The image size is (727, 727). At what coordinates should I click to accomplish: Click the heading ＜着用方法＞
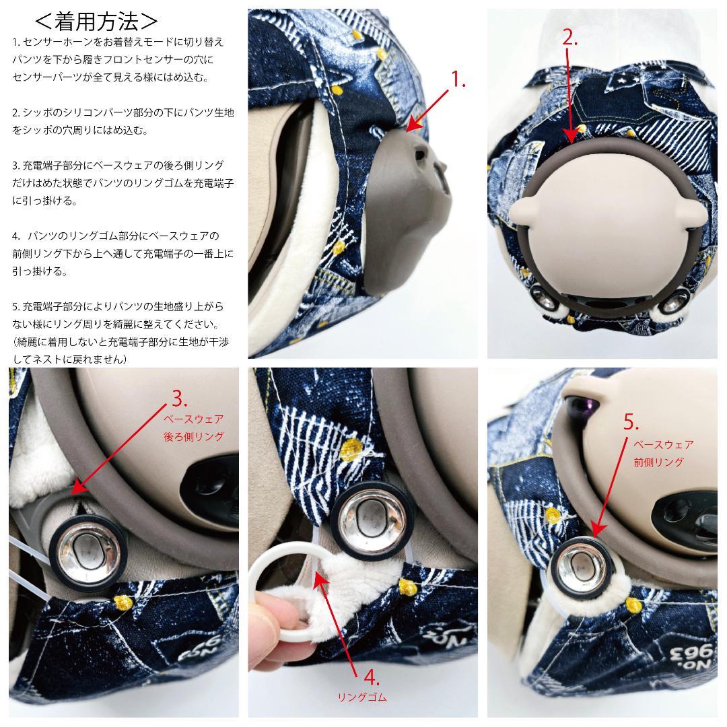point(96,21)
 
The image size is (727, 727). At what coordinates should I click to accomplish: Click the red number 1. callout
point(458,79)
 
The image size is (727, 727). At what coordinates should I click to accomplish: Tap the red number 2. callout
point(569,38)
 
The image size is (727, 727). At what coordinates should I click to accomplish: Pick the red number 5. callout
point(631,422)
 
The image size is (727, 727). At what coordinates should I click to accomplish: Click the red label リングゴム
point(362,697)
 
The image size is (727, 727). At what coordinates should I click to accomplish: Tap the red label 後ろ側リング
point(194,436)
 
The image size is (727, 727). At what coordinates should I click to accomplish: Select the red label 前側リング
point(659,462)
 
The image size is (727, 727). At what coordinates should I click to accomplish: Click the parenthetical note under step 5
point(121,351)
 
